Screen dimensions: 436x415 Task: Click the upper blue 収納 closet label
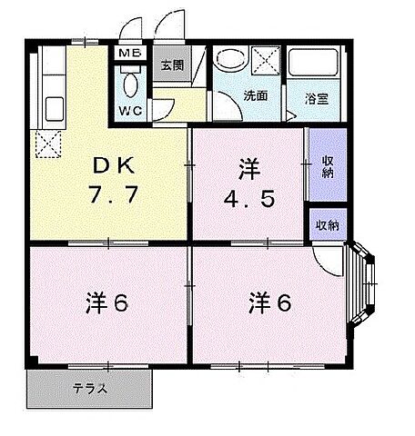pyautogui.click(x=327, y=166)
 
